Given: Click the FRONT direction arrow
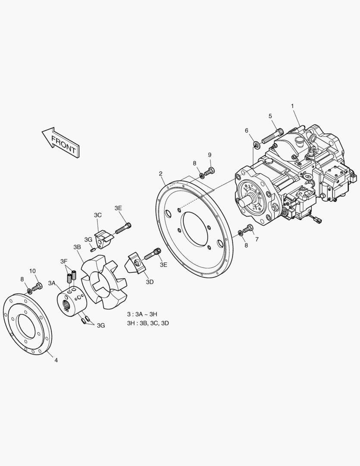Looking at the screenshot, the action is click(x=61, y=142).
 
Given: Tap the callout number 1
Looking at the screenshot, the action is click(x=293, y=106).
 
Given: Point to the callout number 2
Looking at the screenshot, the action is click(x=161, y=173).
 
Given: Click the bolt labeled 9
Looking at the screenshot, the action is click(x=210, y=171).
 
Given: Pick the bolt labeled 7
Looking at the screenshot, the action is click(x=248, y=229).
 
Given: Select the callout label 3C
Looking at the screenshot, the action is click(x=98, y=215).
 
